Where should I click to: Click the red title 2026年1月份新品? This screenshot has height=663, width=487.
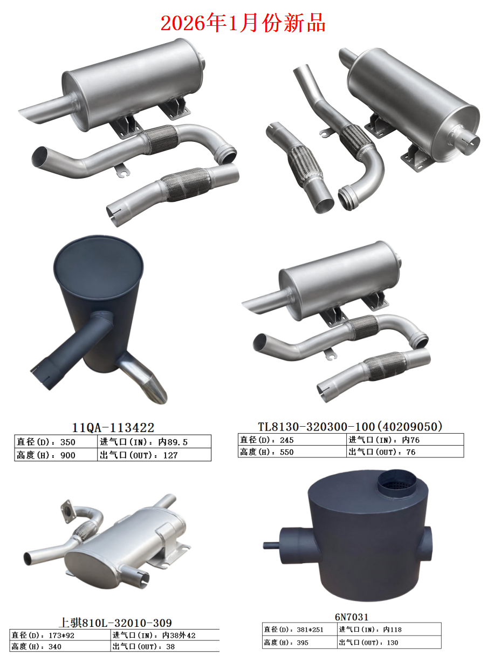243,23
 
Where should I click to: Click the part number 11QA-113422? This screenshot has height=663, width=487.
113,427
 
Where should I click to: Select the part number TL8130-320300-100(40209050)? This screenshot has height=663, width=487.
351,427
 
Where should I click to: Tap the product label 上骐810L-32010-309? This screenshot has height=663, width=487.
115,623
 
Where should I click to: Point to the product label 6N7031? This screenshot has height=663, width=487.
352,617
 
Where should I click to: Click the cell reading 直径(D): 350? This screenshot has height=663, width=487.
56,442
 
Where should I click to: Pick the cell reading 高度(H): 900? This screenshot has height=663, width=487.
56,455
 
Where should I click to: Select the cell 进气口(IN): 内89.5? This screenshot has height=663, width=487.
154,442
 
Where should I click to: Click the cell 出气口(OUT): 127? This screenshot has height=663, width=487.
154,455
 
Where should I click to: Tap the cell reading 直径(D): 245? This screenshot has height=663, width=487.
292,440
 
